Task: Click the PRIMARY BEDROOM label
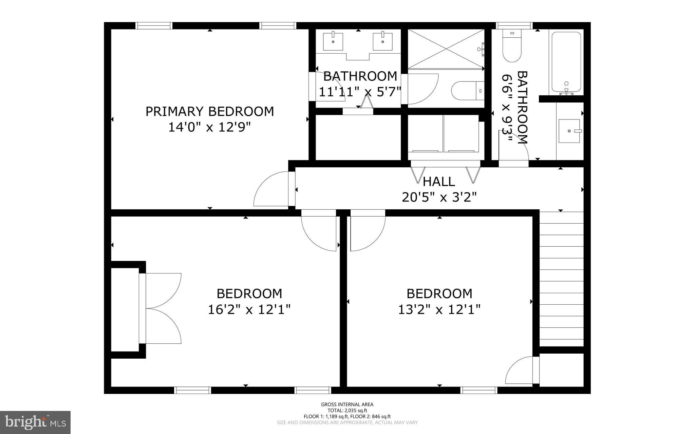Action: (x=210, y=112)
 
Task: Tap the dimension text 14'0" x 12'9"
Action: (x=210, y=128)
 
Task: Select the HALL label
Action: (x=439, y=182)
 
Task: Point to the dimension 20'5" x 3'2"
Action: (x=439, y=197)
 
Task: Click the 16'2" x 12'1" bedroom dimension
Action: (x=249, y=309)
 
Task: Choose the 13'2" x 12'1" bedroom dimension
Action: (x=439, y=309)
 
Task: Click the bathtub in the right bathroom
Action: (x=566, y=62)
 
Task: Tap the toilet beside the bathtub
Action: (x=512, y=47)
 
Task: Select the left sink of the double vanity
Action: (x=333, y=41)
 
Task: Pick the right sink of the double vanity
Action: (x=382, y=41)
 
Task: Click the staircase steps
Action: (x=561, y=278)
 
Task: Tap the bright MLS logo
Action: (x=35, y=422)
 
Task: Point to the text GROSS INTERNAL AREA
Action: (x=347, y=404)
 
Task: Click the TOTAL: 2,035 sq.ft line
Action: (x=347, y=411)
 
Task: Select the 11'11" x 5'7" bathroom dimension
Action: (x=360, y=92)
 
